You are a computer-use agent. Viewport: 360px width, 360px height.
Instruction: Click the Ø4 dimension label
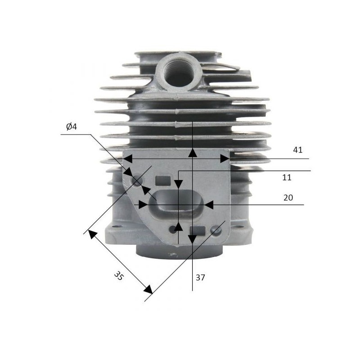[x=72, y=127]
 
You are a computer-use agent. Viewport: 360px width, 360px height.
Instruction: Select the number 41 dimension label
[x=297, y=150]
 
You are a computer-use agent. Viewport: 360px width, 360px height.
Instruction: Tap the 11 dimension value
[x=287, y=177]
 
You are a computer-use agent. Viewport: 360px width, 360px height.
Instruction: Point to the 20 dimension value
[x=288, y=197]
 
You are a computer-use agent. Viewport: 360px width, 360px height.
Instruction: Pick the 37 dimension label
[x=200, y=278]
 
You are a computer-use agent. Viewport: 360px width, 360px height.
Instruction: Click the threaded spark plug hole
[x=179, y=71]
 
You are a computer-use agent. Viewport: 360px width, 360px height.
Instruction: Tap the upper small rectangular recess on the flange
[x=163, y=181]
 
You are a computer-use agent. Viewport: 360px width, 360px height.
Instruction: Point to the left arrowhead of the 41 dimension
[x=128, y=158]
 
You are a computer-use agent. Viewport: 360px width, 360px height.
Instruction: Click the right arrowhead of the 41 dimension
[x=225, y=158]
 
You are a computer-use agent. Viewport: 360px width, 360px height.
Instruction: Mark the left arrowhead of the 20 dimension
[x=143, y=205]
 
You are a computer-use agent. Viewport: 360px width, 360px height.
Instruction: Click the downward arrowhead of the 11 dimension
[x=179, y=184]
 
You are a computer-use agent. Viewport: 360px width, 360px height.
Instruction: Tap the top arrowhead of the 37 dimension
[x=192, y=153]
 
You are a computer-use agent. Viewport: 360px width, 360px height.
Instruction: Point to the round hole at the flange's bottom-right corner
[x=217, y=230]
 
